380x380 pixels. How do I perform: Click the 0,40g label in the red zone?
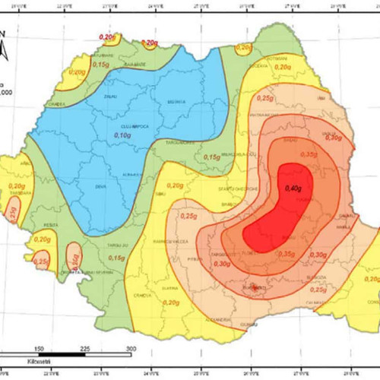293,188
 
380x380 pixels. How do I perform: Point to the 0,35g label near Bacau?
309,154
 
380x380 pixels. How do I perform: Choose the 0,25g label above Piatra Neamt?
265,97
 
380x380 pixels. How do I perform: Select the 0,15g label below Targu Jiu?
116,258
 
